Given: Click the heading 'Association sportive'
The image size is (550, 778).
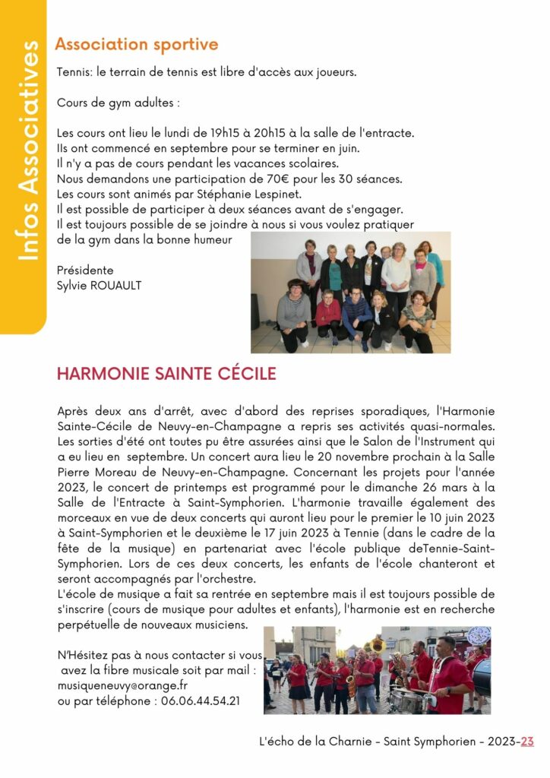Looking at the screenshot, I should point(136,45).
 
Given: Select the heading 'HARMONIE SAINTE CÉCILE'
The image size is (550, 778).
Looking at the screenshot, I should point(166,374).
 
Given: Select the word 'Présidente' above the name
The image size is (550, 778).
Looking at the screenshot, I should point(85,270).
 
